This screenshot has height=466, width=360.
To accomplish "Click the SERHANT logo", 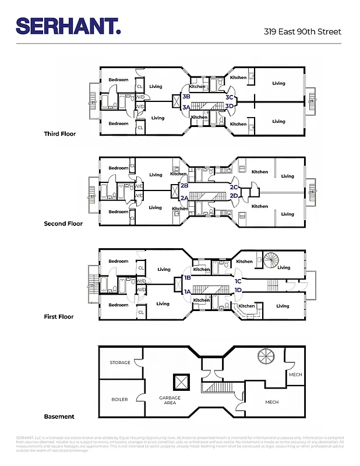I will tap(68, 26).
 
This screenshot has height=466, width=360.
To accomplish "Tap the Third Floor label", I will tap(60, 134).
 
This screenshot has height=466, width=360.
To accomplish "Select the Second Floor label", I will tap(63, 224).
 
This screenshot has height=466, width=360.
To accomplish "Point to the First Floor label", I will tap(59, 317).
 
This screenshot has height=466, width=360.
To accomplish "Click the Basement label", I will tap(59, 416).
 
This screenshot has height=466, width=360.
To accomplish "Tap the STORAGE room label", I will tap(120, 363).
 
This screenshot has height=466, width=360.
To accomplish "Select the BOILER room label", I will tap(119, 400).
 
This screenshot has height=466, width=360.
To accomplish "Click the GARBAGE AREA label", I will tap(171, 400).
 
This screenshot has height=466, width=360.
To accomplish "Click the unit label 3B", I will tap(186, 96).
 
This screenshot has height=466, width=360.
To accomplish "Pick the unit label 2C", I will tap(234, 187).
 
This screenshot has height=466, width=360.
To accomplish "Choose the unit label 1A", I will tap(188, 291).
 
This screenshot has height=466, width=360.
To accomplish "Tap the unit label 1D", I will tap(238, 290).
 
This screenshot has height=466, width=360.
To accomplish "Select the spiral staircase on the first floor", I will tap(271, 259).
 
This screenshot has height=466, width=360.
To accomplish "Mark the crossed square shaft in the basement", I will tap(181, 382).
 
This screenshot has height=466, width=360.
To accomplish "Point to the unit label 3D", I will tap(230, 106).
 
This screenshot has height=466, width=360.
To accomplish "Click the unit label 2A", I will tap(183, 198).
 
